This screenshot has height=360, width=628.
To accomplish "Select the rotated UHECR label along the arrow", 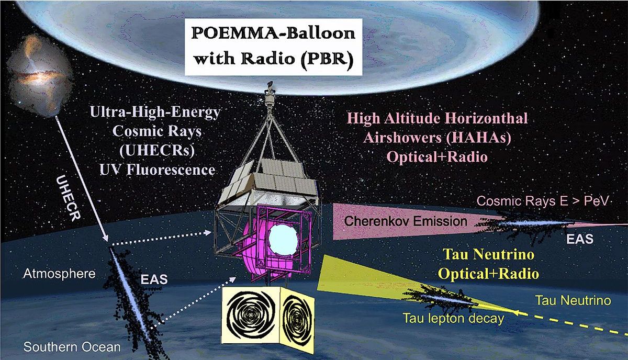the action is click(x=68, y=198).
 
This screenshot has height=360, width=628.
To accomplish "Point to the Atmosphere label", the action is click(x=59, y=273).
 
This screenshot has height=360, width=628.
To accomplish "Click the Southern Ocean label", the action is click(x=72, y=347).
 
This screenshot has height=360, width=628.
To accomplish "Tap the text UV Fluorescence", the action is click(x=158, y=170).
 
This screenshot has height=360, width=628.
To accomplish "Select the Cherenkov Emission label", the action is click(x=406, y=221).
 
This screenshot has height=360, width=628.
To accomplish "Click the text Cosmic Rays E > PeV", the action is click(x=543, y=201).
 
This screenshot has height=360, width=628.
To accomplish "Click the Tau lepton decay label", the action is click(x=453, y=319).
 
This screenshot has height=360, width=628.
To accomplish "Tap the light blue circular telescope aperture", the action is click(x=283, y=239).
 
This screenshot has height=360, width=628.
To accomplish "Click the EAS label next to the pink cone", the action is click(x=580, y=239).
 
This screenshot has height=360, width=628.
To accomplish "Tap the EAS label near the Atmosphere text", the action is click(x=154, y=279).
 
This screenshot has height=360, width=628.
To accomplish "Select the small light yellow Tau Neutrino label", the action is click(x=573, y=300).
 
